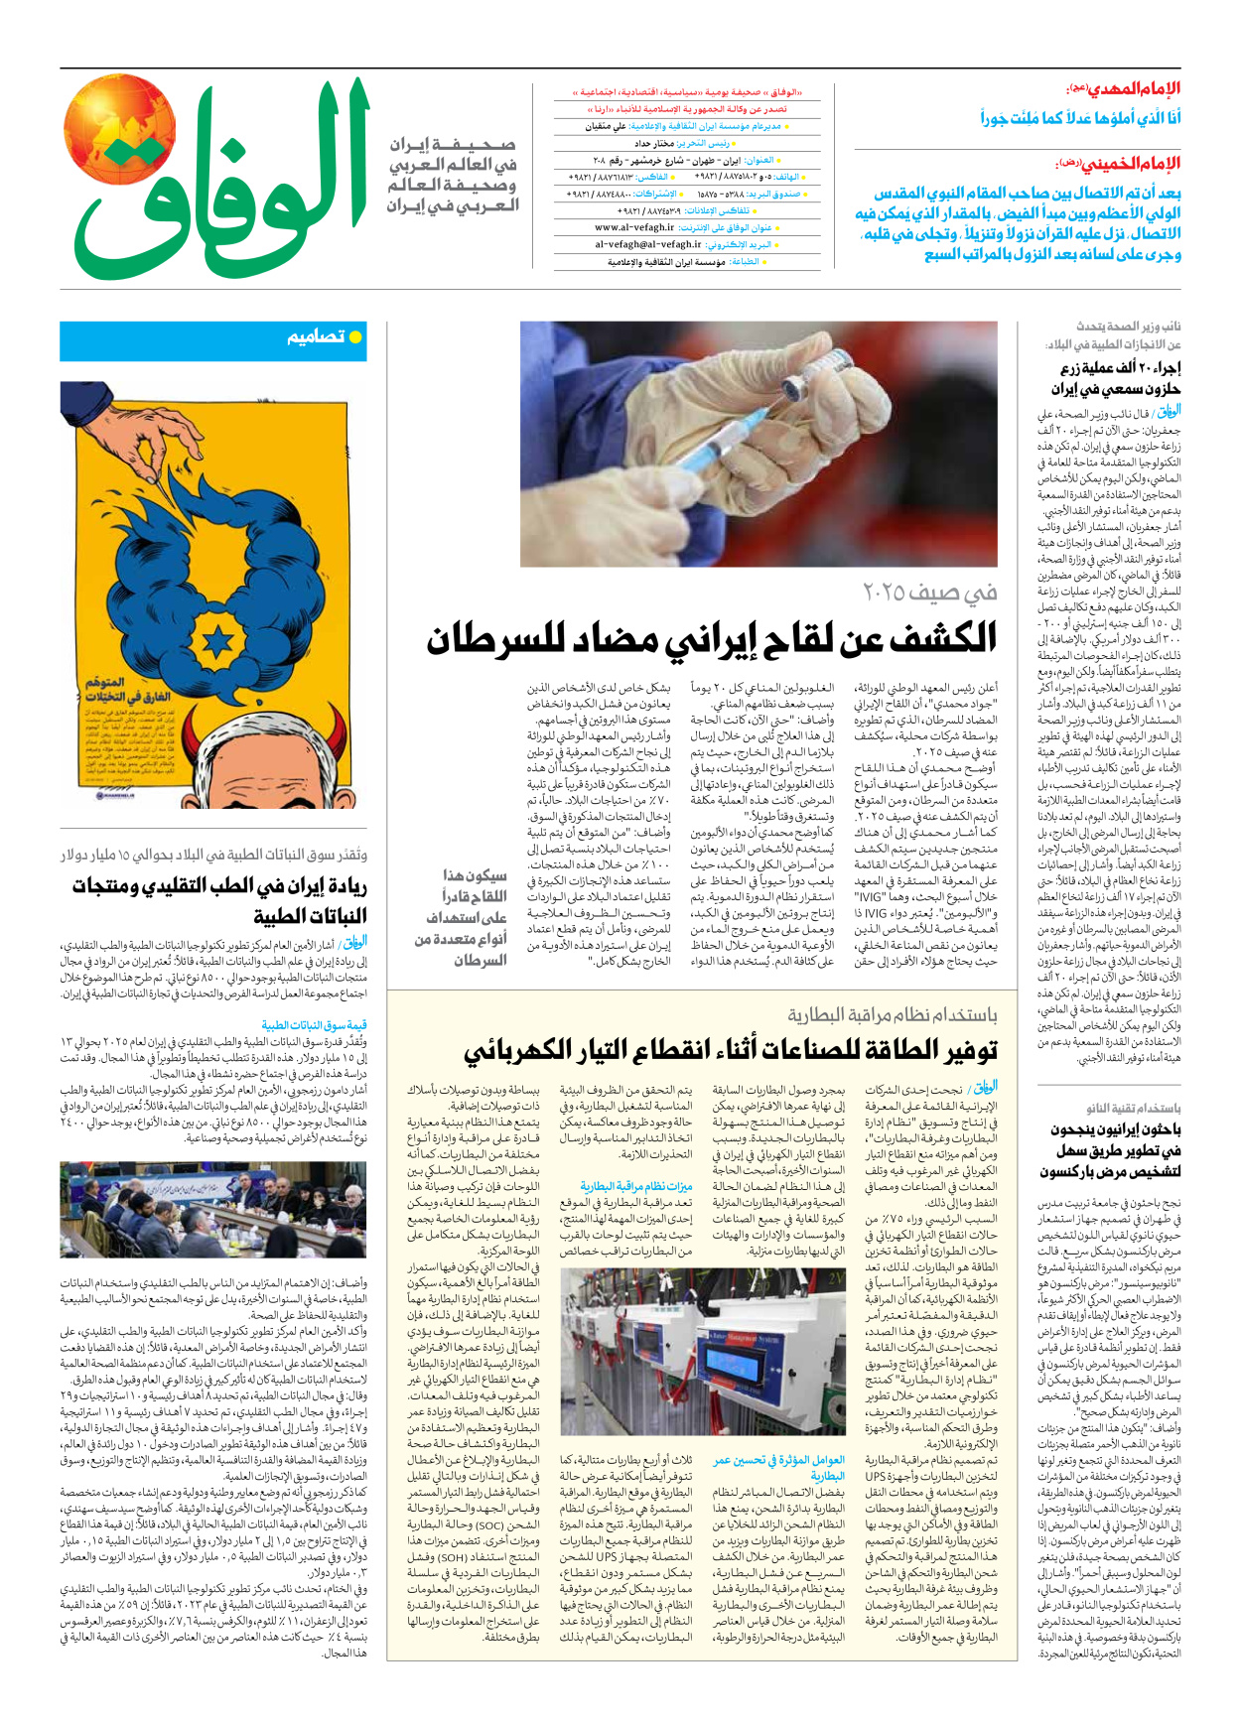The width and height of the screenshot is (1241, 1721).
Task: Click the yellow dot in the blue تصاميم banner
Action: point(354,337)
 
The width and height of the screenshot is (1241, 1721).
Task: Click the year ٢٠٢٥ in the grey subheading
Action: point(895,593)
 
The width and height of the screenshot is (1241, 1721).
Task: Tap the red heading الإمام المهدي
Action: point(1133,88)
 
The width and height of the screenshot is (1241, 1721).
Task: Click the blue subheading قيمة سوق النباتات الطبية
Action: point(314,1025)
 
